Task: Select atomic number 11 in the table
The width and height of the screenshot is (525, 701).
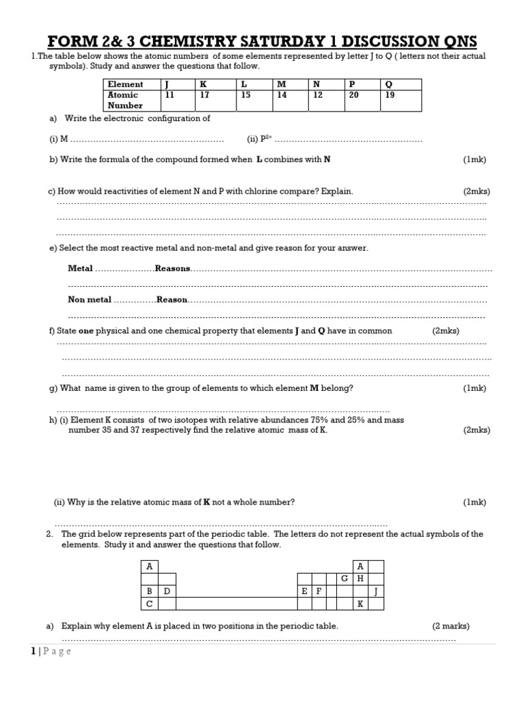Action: pos(170,95)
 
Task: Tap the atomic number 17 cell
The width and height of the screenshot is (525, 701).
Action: pos(203,95)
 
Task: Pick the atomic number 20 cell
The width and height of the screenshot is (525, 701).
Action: pos(353,95)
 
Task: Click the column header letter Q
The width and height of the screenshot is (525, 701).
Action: pos(389,84)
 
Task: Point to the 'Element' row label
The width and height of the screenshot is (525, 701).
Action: pos(126,84)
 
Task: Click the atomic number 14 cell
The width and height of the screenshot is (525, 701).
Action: pos(282,95)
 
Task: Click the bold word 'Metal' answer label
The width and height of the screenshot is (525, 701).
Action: pos(81,269)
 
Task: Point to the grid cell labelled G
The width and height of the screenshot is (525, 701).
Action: pos(345,578)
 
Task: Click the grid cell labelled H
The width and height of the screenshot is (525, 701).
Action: pos(360,578)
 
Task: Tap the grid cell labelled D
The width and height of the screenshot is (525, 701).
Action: pos(166,591)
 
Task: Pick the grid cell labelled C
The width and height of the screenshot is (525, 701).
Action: pos(149,604)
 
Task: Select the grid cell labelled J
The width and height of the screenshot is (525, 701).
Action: pos(376,591)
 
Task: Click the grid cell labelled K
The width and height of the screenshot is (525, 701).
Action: pos(360,604)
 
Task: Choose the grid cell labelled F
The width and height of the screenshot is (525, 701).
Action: pos(319,591)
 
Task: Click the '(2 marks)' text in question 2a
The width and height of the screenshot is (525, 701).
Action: pos(450,626)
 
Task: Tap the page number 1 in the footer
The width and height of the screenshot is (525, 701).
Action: pos(33,652)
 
